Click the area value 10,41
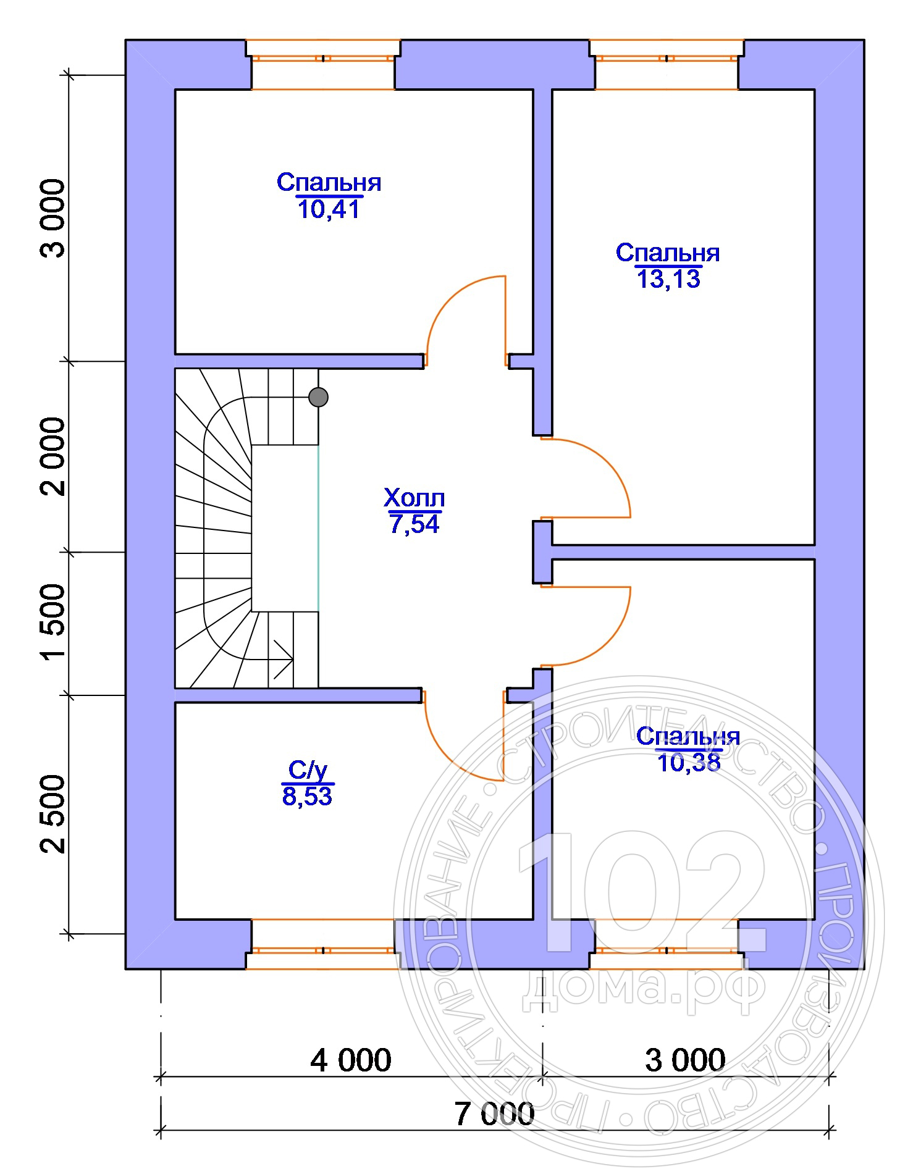[328, 209]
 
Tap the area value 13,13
[668, 279]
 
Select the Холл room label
[414, 497]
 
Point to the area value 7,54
[414, 524]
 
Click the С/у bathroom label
[307, 770]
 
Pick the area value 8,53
[307, 796]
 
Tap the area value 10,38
[688, 763]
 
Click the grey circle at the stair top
[318, 396]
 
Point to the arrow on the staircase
[281, 659]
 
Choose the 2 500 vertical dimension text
[53, 814]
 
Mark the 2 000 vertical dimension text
[53, 456]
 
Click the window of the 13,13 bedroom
[667, 65]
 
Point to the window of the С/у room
[322, 944]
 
